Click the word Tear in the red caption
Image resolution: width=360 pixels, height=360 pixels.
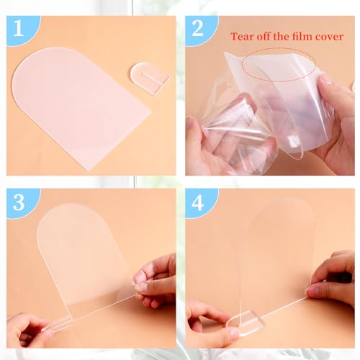coord(243,37)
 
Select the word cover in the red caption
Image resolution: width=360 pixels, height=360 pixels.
coord(329,37)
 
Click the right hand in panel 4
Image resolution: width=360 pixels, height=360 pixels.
coord(333,279)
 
